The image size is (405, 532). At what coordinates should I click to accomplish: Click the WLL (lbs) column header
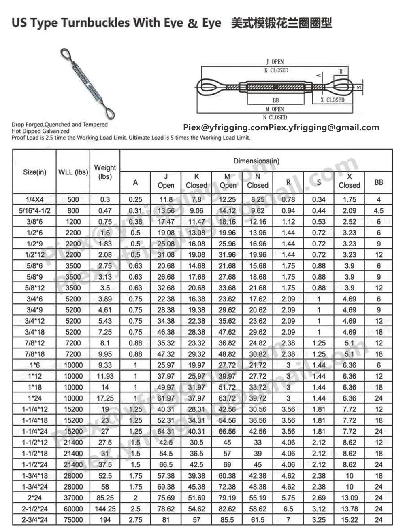point(73,172)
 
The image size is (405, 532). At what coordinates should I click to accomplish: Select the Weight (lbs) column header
point(105,172)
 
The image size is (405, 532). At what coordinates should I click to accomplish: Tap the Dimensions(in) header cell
point(256,161)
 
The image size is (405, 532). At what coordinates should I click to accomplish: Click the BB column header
point(379,182)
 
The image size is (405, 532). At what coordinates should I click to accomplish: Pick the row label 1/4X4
point(34,199)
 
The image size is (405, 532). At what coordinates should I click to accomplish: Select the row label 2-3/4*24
point(34,520)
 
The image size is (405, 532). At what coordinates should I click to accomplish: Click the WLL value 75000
point(73,520)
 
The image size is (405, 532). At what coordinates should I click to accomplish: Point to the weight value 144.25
point(105,509)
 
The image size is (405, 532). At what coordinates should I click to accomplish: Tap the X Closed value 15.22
point(349,520)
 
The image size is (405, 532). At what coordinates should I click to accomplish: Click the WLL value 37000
point(73,498)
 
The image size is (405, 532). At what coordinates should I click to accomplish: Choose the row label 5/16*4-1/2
point(34,210)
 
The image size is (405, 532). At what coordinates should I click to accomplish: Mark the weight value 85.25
point(105,498)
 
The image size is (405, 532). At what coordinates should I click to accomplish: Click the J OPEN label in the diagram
point(275,62)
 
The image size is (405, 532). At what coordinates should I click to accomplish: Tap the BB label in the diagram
point(275,100)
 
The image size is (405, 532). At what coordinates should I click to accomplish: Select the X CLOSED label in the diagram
point(332,100)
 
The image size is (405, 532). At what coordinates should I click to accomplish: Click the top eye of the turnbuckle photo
point(65,54)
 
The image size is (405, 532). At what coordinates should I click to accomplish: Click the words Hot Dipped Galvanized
point(40,131)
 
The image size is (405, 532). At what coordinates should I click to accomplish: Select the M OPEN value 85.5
point(227,520)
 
